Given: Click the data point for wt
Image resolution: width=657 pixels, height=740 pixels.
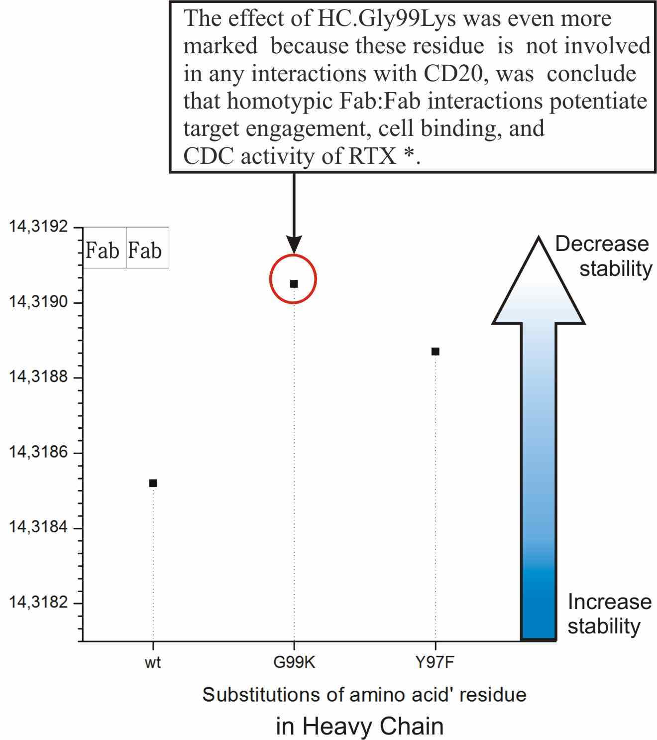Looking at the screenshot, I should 153,483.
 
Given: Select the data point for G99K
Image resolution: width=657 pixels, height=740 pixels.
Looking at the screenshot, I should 294,284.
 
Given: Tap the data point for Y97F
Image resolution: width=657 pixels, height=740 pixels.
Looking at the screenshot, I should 435,352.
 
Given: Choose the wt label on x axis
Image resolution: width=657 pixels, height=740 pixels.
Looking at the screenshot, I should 153,663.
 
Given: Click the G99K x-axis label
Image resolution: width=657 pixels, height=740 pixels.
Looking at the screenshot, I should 294,663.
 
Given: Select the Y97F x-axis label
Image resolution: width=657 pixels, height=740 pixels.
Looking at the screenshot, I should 435,663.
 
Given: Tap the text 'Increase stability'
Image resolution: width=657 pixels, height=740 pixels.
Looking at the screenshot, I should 608,614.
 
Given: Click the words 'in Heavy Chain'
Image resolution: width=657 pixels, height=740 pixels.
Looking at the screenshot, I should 359,726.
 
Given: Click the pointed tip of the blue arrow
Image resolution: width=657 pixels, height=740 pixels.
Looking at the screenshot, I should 539,239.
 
